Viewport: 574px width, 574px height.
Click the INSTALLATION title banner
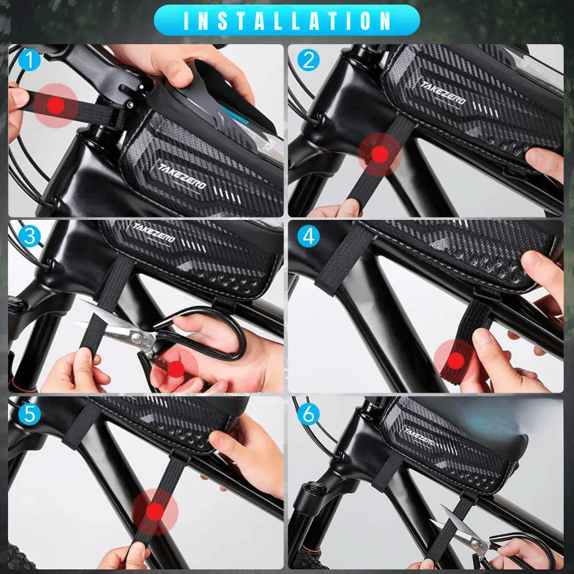[286, 20]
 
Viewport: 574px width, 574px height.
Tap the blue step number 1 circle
[29, 60]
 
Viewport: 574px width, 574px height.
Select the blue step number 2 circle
[308, 60]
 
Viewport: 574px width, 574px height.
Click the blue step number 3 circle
[29, 236]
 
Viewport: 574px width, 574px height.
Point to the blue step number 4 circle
[308, 236]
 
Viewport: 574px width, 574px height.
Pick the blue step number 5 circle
[29, 414]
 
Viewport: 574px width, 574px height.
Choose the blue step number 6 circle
[308, 414]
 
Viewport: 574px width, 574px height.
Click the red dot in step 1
[56, 106]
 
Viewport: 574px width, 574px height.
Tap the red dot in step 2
[379, 154]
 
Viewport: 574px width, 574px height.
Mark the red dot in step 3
[176, 369]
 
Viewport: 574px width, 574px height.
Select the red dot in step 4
[455, 361]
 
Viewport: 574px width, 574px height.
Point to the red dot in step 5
[154, 511]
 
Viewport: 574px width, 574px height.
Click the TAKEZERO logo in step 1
[183, 176]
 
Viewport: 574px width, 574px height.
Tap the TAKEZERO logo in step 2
[443, 93]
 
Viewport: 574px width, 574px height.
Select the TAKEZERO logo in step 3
[154, 232]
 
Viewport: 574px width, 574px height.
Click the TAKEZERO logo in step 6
[421, 437]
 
